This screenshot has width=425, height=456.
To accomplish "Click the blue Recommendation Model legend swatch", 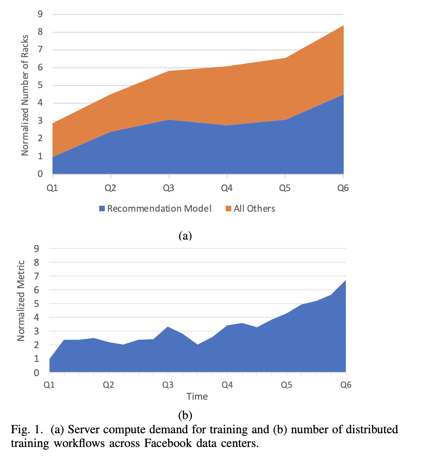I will (x=102, y=209).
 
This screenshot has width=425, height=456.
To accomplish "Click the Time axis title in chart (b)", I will (x=197, y=396).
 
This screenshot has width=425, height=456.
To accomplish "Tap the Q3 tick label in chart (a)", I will (x=169, y=188).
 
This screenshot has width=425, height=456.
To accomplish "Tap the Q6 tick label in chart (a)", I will (x=343, y=188).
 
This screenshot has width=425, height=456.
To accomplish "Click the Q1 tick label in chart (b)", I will (x=49, y=384).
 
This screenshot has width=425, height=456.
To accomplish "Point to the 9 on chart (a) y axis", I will (x=40, y=14).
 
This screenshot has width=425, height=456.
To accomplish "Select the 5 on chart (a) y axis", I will (x=40, y=85).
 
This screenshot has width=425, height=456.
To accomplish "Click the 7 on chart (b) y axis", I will (x=37, y=276).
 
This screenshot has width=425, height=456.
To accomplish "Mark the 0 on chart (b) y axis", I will (x=37, y=372).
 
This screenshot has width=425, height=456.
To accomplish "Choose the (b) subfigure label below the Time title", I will (x=185, y=415).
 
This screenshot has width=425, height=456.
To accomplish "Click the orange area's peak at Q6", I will (x=343, y=26).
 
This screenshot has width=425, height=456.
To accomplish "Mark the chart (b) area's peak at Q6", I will (x=345, y=280).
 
